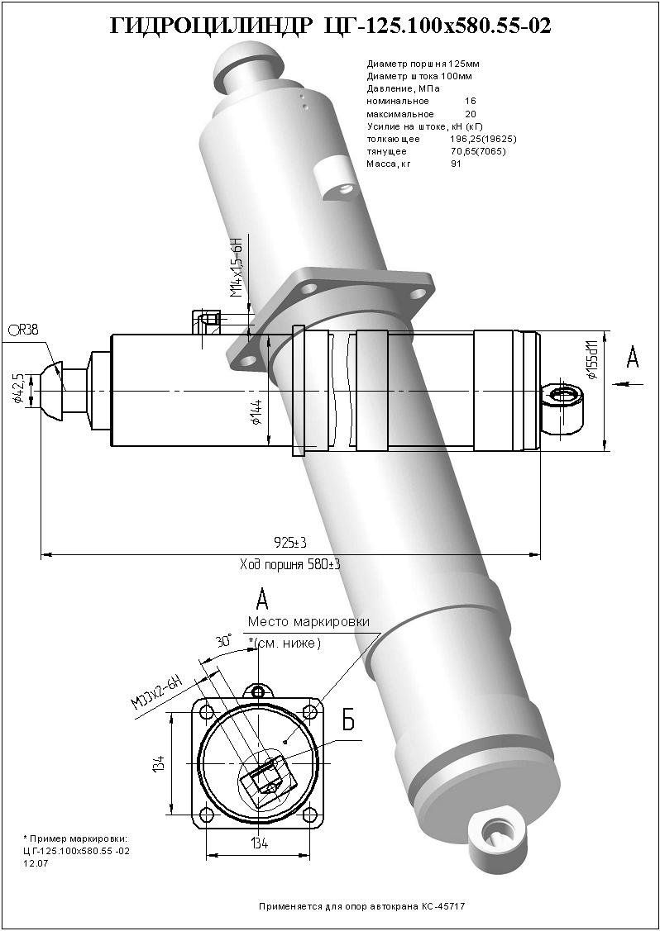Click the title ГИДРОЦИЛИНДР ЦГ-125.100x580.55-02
[x=330, y=27]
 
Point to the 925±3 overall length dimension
[x=290, y=543]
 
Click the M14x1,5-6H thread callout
[x=236, y=270]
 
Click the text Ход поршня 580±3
[x=290, y=564]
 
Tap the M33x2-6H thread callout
[x=156, y=692]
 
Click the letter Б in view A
[x=348, y=720]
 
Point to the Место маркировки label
[x=308, y=621]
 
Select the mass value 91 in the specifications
[x=456, y=164]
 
